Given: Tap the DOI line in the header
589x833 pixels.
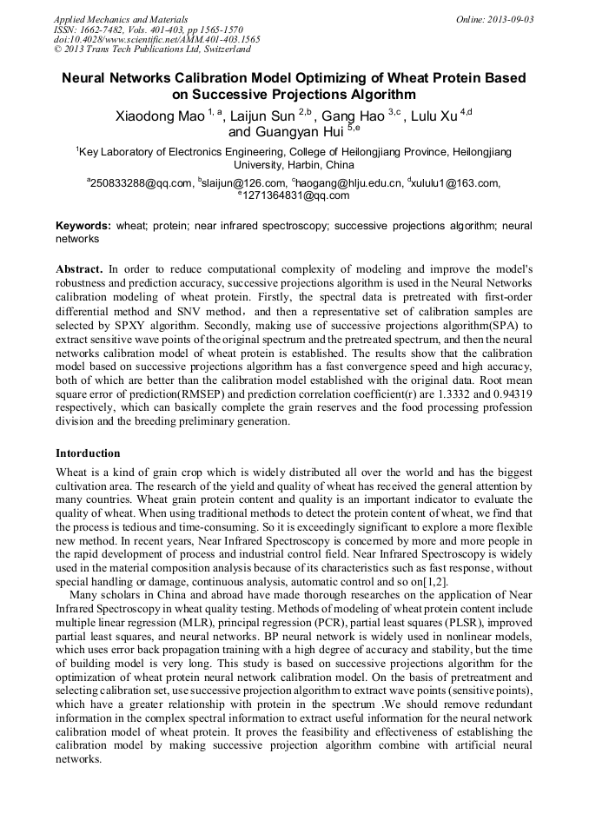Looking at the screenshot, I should (x=156, y=40).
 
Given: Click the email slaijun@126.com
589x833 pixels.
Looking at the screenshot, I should (x=244, y=183).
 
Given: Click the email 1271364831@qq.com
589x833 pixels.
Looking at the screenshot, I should (x=294, y=195).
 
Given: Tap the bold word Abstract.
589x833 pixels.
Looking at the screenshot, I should (x=79, y=270).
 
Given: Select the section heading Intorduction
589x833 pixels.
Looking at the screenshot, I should (x=88, y=453).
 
